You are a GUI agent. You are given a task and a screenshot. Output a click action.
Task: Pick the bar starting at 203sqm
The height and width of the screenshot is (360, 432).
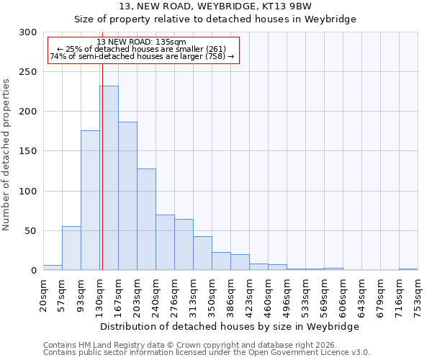pyautogui.click(x=146, y=219)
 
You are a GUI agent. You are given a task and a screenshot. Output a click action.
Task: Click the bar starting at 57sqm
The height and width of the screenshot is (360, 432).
pyautogui.click(x=71, y=248)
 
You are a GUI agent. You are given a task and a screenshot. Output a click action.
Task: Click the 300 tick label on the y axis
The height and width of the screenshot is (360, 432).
pyautogui.click(x=27, y=32)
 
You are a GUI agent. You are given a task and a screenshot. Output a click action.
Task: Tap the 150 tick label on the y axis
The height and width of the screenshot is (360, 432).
pyautogui.click(x=27, y=151)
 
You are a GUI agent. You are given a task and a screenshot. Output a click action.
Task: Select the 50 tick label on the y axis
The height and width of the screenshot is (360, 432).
pyautogui.click(x=30, y=231)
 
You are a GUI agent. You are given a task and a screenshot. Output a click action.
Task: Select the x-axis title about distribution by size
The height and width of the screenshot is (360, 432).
pyautogui.click(x=230, y=326)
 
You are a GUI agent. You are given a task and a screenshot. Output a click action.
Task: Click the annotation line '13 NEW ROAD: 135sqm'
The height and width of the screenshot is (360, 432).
pyautogui.click(x=141, y=42)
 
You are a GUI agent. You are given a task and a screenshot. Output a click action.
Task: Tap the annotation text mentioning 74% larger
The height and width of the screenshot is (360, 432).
pyautogui.click(x=141, y=56)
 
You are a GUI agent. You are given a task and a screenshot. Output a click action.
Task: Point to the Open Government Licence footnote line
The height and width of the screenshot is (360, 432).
pyautogui.click(x=207, y=353)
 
